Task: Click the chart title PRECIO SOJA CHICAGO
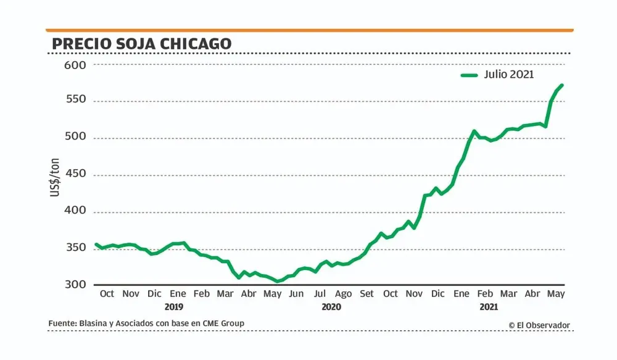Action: pyautogui.click(x=141, y=44)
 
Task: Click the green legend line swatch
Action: pyautogui.click(x=470, y=75)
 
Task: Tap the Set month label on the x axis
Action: pyautogui.click(x=367, y=294)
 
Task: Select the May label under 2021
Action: pyautogui.click(x=557, y=294)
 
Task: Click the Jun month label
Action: pyautogui.click(x=296, y=294)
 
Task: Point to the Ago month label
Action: pyautogui.click(x=343, y=294)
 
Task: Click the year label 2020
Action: pyautogui.click(x=331, y=306)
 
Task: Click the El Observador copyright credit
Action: pyautogui.click(x=539, y=325)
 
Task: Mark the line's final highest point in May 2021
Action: pyautogui.click(x=561, y=85)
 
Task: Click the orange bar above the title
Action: pyautogui.click(x=309, y=30)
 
